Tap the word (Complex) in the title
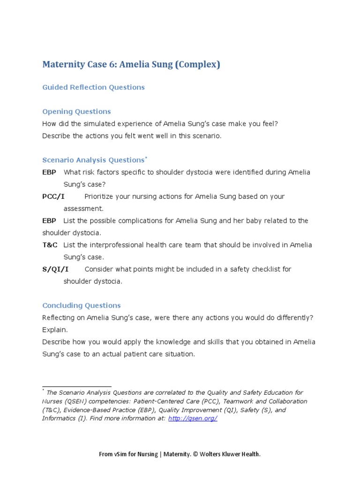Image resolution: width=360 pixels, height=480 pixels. [197, 65]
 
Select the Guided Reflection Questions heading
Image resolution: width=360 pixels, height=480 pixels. [93, 87]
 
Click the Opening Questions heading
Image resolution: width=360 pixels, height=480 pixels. [76, 112]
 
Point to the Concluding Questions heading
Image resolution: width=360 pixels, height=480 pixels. [82, 306]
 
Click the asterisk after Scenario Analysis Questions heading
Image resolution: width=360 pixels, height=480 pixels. [146, 158]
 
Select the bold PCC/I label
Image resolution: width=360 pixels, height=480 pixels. [53, 196]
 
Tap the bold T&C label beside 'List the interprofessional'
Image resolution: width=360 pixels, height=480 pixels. [49, 245]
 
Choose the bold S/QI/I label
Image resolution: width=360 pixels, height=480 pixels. [55, 269]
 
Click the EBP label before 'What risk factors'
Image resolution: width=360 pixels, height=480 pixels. [49, 172]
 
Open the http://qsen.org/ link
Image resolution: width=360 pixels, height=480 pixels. [193, 419]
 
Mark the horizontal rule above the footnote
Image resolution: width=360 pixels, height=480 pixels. [77, 387]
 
